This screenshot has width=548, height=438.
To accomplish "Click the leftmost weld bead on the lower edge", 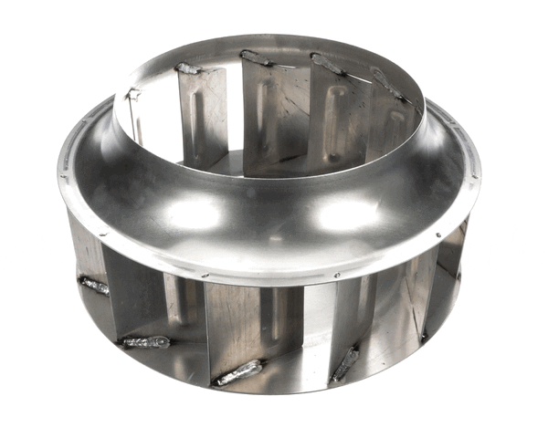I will pyautogui.click(x=94, y=286).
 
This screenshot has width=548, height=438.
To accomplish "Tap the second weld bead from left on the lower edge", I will pyautogui.click(x=146, y=342).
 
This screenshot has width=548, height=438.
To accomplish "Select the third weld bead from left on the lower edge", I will pyautogui.click(x=239, y=372).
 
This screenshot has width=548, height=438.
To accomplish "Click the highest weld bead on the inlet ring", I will pyautogui.click(x=257, y=58).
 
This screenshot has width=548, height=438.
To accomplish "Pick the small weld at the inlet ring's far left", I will pyautogui.click(x=133, y=93).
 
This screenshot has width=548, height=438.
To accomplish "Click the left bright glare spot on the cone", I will pyautogui.click(x=194, y=212).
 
